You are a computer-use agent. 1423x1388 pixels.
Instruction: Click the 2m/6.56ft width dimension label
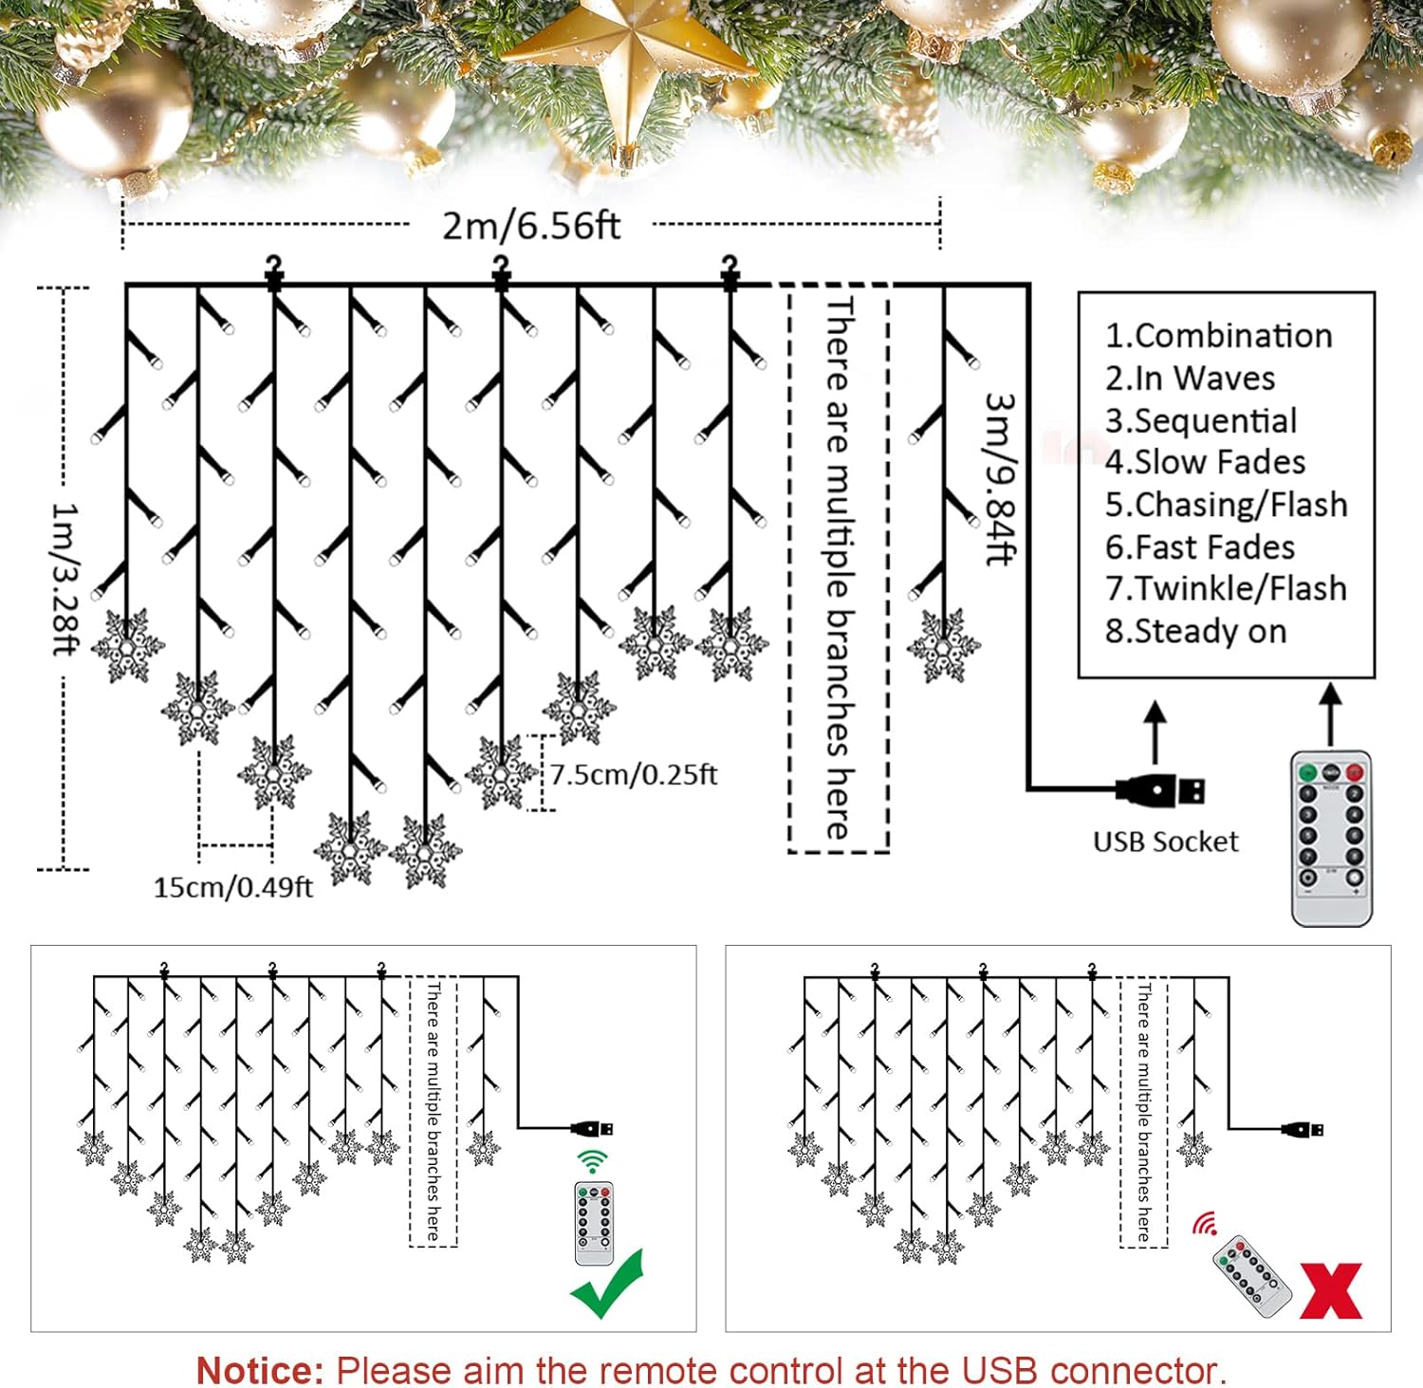click(531, 226)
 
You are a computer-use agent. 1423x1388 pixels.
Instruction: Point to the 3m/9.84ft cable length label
click(1000, 479)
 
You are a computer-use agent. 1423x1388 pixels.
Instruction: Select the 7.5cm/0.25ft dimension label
click(634, 774)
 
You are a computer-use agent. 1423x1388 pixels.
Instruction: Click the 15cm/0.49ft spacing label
click(233, 887)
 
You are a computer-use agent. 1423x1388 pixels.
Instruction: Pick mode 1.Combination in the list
click(1219, 336)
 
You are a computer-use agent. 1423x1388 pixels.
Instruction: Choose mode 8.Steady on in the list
click(1196, 631)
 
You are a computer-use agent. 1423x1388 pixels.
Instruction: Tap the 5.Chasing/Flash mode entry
click(1227, 505)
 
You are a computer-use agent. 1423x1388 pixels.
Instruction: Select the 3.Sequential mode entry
click(1201, 420)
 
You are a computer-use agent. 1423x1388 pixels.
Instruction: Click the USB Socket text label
click(1166, 842)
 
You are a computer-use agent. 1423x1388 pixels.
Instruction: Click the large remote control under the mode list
click(1332, 839)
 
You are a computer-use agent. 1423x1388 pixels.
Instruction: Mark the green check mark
click(607, 1284)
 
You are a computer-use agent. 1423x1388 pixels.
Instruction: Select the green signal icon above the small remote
click(593, 1162)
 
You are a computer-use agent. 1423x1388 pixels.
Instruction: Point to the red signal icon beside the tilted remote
click(1206, 1223)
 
